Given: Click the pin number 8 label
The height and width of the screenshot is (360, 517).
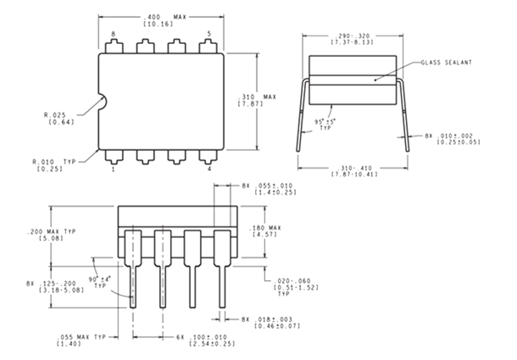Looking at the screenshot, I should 113,34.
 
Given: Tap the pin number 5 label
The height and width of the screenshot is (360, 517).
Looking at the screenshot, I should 209,34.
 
